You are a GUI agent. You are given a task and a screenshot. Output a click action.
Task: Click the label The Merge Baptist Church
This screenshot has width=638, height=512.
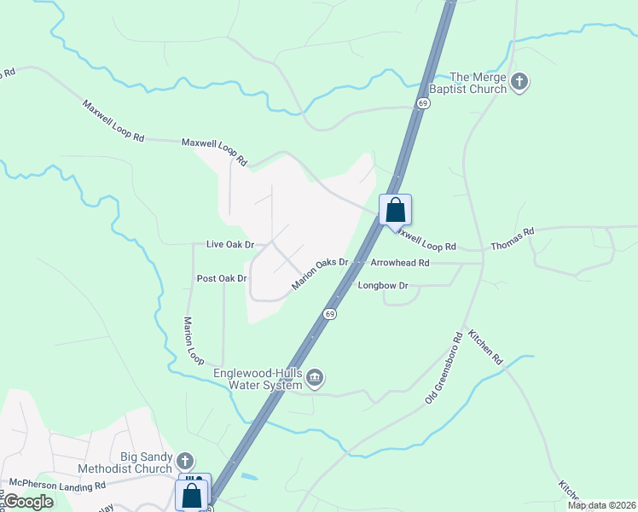coord(478,83)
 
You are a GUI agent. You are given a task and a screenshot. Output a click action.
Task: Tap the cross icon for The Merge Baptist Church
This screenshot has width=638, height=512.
coord(519,83)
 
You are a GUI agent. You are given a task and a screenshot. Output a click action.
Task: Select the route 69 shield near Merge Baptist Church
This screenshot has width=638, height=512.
coord(423,102)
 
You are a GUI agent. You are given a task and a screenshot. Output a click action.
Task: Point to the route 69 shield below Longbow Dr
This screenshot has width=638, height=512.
coord(329,314)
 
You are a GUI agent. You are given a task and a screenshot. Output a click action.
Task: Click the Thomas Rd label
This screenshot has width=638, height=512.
coord(512,239)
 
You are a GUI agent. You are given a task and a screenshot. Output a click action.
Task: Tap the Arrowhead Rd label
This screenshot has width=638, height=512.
coord(400,263)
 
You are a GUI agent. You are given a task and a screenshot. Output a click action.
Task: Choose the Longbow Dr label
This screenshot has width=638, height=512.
coord(383,285)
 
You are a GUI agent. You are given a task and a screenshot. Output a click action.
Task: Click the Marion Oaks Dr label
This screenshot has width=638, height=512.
coord(321,274)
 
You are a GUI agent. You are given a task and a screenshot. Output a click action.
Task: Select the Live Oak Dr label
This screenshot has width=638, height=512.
coord(230,244)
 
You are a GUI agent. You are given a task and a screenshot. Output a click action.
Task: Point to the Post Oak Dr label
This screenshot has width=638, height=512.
coord(222,278)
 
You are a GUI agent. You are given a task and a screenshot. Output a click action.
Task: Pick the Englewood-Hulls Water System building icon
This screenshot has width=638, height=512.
coord(315,378)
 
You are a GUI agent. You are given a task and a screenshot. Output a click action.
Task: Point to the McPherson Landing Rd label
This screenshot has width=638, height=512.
coord(53,485)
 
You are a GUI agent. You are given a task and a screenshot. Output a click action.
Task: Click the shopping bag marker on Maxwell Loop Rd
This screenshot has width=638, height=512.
coord(396,210)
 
